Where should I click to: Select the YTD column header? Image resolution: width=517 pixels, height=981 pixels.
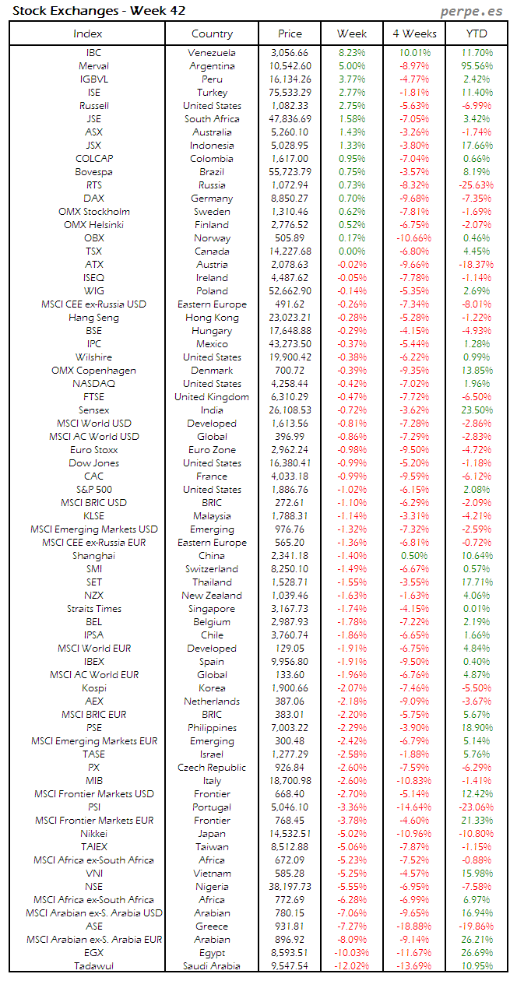click(477, 33)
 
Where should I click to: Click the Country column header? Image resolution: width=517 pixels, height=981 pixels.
click(212, 33)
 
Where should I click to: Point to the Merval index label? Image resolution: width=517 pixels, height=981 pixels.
click(93, 66)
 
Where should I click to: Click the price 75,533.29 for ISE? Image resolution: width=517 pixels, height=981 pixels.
click(290, 93)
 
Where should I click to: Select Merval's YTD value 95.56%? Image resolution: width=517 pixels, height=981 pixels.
click(477, 66)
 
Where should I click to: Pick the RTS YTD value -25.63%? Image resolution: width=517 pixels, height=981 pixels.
click(476, 185)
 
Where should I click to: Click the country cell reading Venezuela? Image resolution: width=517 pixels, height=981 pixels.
click(212, 53)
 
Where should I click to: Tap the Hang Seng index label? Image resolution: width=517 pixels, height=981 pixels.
click(93, 318)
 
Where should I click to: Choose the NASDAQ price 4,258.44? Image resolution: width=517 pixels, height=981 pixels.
click(290, 384)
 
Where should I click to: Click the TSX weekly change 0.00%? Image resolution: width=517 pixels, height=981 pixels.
click(352, 251)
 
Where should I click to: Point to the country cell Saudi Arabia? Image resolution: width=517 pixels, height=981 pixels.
click(212, 966)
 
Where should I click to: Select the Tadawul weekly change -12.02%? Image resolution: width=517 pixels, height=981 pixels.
click(351, 966)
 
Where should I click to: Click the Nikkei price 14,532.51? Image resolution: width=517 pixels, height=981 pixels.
click(290, 834)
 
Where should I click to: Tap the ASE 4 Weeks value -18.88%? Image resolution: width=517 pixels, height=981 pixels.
click(413, 926)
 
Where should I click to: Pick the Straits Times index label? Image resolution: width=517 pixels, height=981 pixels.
click(93, 609)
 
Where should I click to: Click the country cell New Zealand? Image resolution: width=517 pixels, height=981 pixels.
click(212, 596)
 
